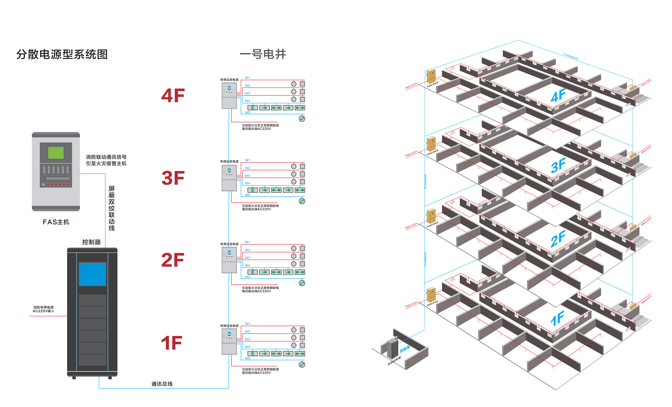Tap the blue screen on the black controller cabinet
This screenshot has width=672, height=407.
click(93, 274)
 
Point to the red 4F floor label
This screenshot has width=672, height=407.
click(173, 96)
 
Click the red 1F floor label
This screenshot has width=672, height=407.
click(172, 343)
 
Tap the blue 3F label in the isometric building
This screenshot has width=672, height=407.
click(558, 165)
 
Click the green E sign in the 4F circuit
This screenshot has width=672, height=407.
click(252, 108)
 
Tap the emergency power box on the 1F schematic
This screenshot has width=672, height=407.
click(229, 341)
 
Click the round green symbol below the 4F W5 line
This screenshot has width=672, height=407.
click(302, 119)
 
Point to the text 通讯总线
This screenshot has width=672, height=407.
click(162, 384)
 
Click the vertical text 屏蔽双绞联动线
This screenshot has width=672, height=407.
click(112, 208)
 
